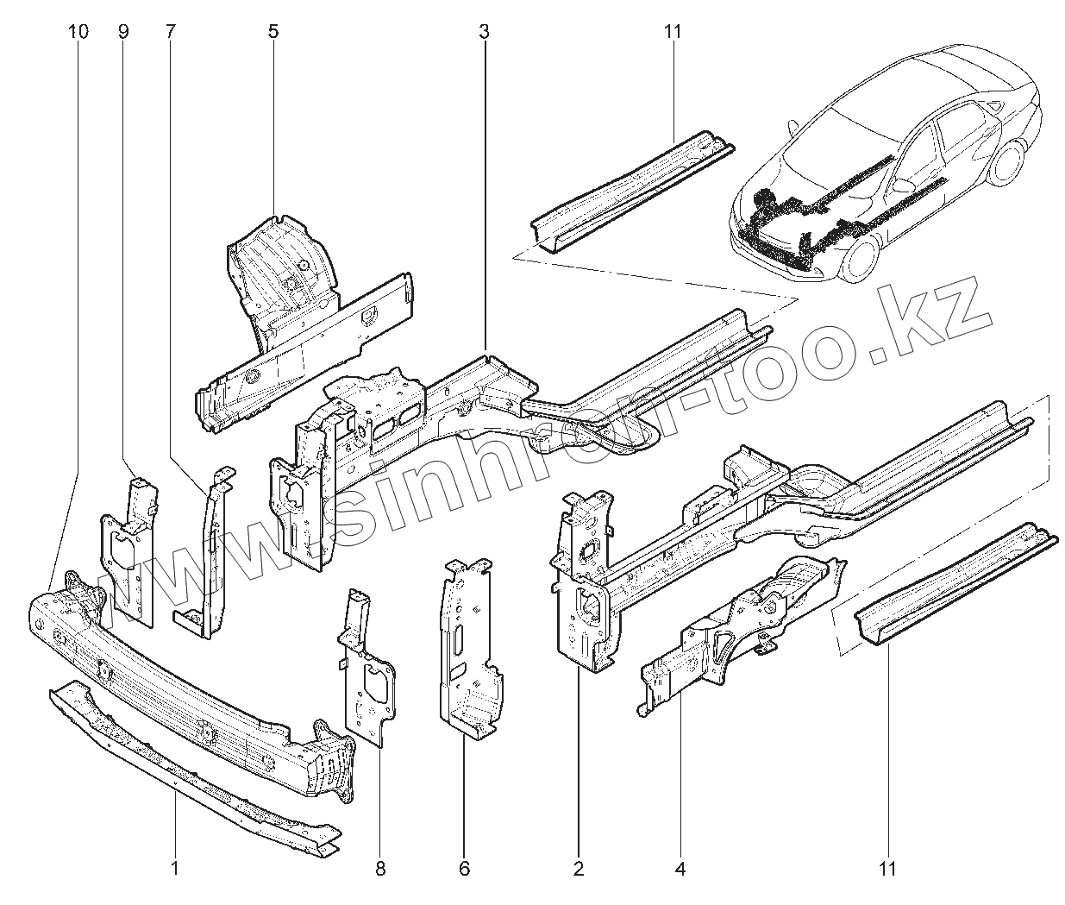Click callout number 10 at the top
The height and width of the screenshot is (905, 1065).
(77, 32)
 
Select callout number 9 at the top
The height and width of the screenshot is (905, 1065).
(123, 32)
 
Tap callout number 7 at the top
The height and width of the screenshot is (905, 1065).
(170, 32)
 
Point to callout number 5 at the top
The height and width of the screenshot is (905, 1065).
(273, 32)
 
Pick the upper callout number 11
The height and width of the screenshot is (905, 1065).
(673, 32)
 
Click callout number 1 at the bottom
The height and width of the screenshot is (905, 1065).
(175, 869)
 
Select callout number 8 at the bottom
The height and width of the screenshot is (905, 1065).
(380, 869)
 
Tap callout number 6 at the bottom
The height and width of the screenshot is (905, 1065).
(465, 869)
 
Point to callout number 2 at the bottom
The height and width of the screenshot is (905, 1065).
(579, 869)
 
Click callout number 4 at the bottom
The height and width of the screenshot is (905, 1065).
(680, 869)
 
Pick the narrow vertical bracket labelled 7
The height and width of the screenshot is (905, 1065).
(211, 552)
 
